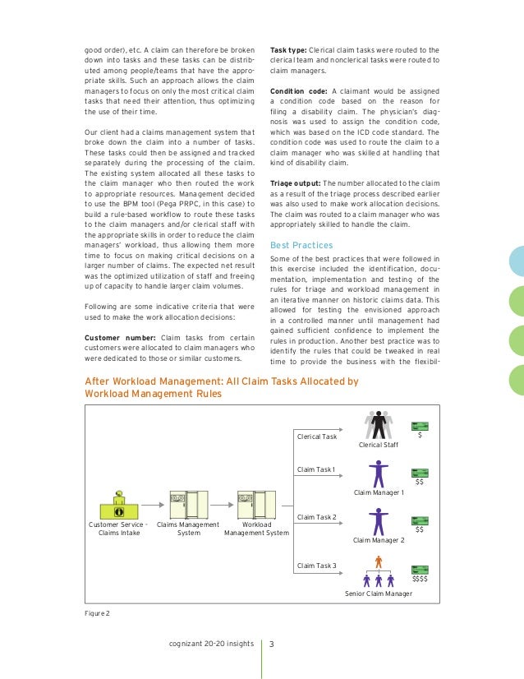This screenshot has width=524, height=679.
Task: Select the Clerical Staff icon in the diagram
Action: (378, 425)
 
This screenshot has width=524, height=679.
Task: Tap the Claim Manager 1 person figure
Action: (379, 473)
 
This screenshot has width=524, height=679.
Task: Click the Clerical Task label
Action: (317, 436)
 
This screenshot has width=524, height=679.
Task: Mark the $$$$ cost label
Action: (421, 580)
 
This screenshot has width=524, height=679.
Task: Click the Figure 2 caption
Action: (97, 612)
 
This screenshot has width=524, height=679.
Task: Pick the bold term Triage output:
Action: (296, 182)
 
